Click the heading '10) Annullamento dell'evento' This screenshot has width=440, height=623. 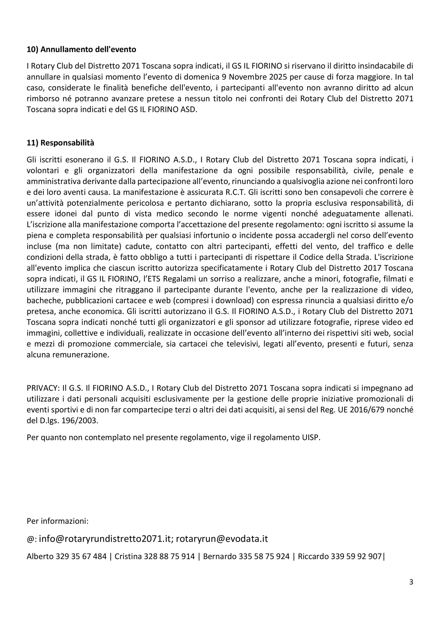tap(81, 50)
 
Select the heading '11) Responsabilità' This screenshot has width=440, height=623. tap(61, 143)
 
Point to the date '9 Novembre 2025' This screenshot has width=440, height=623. tap(254, 77)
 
